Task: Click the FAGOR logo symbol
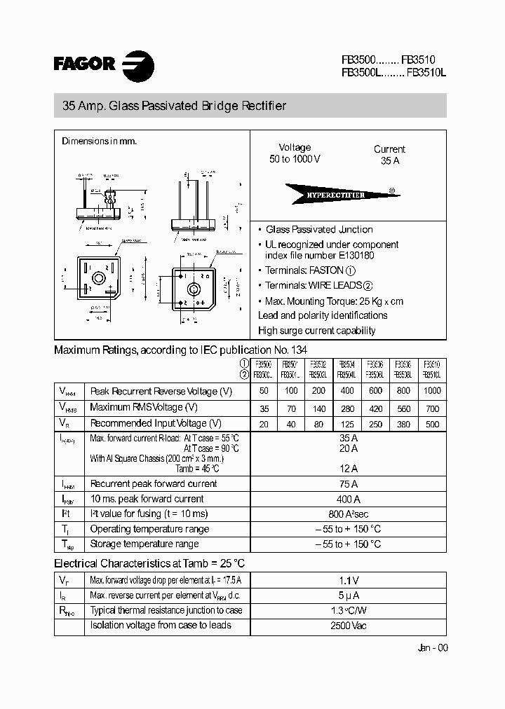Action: coord(138,67)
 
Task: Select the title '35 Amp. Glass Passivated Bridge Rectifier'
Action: coord(175,106)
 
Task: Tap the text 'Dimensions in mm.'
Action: coord(99,141)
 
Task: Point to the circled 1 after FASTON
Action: coord(351,270)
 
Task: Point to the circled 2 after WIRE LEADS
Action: coord(368,286)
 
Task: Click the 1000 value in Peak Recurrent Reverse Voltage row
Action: coord(432,391)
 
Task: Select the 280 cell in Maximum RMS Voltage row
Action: coord(346,407)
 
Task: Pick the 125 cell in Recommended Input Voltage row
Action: coord(346,423)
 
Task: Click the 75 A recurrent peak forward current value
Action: coord(348,483)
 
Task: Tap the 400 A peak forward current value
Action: coord(348,499)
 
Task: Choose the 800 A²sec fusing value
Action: coord(348,514)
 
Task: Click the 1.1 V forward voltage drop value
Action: coord(348,579)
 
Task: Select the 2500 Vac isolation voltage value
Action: coord(348,625)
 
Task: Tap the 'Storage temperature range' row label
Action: coord(144,544)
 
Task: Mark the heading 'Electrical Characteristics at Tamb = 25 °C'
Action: coord(149,563)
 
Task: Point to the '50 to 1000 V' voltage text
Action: coord(295,159)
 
